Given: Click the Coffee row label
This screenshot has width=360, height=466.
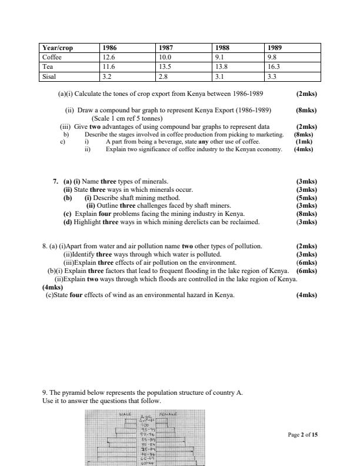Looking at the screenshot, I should (52, 58).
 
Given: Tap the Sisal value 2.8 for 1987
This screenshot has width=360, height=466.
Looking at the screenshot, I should (164, 76).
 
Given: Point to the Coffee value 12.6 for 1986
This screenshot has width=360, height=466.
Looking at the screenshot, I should (108, 58).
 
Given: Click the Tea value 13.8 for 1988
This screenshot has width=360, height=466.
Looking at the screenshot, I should (222, 67).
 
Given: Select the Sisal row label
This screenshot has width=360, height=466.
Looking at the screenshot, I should (50, 76).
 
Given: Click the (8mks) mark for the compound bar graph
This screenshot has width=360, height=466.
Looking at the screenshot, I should (306, 110).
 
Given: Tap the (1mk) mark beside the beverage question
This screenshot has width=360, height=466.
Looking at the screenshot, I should (304, 142).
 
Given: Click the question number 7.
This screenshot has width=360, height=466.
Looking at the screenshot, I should (55, 181).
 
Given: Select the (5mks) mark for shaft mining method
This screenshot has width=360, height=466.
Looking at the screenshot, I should (306, 198).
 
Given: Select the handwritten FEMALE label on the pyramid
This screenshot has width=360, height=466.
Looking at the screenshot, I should (168, 415).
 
